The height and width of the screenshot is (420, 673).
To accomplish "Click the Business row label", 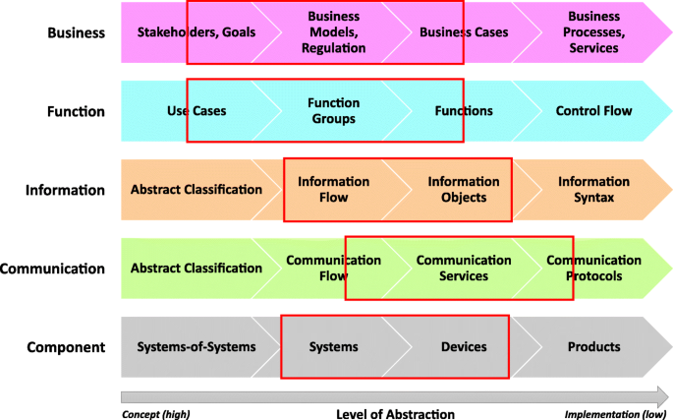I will (76, 32).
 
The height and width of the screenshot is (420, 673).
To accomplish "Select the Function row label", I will (76, 111).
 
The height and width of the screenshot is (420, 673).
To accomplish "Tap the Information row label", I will (65, 190).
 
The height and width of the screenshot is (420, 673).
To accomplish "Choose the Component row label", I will (66, 346).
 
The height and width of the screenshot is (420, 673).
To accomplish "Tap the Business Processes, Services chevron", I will (592, 32).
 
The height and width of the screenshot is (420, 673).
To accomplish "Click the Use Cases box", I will (196, 111).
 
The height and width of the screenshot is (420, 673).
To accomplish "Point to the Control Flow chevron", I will (593, 111).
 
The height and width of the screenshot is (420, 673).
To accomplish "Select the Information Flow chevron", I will (333, 190).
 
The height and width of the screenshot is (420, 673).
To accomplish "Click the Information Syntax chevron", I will (593, 190).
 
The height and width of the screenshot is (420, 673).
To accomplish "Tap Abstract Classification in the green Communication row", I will (196, 268).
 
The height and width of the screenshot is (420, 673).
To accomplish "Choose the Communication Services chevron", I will (464, 268).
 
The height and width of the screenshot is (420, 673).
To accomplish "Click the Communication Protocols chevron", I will (593, 268).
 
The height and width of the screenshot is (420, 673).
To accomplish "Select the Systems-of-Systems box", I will (196, 346).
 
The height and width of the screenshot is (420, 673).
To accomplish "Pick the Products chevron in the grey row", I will (593, 346).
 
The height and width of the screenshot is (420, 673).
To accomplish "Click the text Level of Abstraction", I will (395, 413).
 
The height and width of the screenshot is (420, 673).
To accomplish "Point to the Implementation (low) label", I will (614, 413).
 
